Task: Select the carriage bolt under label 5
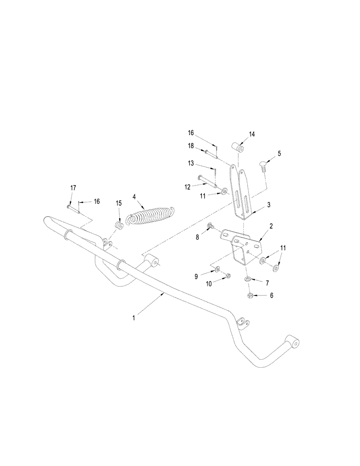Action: pyautogui.click(x=263, y=164)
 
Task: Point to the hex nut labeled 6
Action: pyautogui.click(x=250, y=295)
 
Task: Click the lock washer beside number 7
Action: pyautogui.click(x=247, y=280)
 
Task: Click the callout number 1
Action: pyautogui.click(x=134, y=317)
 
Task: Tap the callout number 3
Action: pyautogui.click(x=269, y=204)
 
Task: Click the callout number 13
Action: pyautogui.click(x=191, y=163)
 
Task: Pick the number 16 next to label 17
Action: pyautogui.click(x=97, y=201)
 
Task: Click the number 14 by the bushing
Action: pyautogui.click(x=252, y=134)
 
